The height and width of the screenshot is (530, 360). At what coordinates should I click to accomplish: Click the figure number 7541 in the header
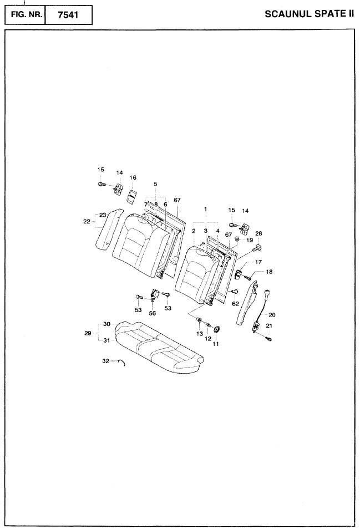[68, 15]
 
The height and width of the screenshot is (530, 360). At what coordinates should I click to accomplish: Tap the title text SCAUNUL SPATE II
[310, 14]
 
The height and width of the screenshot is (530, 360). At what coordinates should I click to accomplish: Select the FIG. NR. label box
[25, 15]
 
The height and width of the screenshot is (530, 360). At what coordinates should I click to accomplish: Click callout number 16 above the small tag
[133, 177]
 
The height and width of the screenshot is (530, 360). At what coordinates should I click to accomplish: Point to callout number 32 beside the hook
[105, 361]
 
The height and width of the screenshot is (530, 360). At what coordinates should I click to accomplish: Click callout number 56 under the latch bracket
[152, 313]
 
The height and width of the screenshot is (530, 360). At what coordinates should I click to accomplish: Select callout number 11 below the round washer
[216, 344]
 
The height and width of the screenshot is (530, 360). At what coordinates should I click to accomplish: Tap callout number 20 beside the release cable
[272, 315]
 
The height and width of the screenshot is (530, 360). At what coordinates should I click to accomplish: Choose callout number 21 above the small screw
[268, 326]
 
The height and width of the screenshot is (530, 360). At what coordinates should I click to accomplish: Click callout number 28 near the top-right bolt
[258, 233]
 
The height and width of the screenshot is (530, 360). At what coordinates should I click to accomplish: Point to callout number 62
[235, 304]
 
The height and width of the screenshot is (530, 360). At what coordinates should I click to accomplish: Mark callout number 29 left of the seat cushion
[88, 333]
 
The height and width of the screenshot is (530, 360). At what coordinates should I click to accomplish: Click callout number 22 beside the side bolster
[87, 221]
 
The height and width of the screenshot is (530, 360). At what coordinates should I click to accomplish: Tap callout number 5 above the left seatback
[155, 184]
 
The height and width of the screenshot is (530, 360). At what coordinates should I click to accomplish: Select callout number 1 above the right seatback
[205, 209]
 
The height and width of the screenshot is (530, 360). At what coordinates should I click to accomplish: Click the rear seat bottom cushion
[158, 346]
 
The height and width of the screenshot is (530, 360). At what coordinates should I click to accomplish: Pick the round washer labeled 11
[216, 329]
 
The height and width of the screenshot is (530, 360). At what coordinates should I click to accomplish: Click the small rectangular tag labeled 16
[132, 195]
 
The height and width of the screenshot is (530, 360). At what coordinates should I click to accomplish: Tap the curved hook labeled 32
[123, 363]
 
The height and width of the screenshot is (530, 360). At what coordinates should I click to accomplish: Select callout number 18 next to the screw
[269, 272]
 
